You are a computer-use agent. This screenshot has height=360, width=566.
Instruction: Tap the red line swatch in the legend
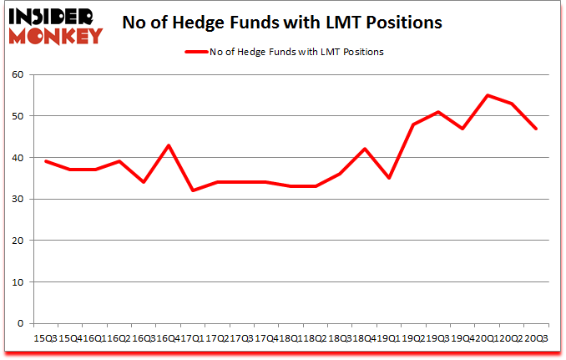click(x=202, y=52)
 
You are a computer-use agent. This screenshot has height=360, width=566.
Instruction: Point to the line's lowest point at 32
click(x=194, y=190)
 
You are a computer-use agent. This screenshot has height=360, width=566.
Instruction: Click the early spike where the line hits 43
click(x=169, y=145)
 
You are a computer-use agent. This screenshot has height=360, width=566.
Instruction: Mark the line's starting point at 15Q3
click(x=46, y=161)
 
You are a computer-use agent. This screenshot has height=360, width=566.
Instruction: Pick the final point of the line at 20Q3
click(x=535, y=129)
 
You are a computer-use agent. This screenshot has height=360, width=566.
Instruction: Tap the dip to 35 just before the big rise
click(x=389, y=178)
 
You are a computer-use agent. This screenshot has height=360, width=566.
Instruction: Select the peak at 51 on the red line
click(x=437, y=112)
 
